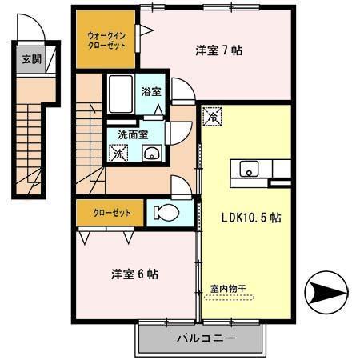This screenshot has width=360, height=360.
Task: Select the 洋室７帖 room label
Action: click(x=218, y=50)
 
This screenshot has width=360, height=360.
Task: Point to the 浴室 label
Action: click(x=150, y=92)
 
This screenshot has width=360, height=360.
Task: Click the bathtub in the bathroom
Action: click(x=120, y=94)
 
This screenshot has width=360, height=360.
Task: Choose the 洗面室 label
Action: click(x=132, y=134)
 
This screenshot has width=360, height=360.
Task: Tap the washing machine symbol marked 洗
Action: click(x=118, y=153)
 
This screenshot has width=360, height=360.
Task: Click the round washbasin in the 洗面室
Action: click(x=154, y=154)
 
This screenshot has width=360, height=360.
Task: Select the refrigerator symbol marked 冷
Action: click(x=214, y=117)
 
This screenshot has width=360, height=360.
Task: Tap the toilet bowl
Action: click(x=165, y=213)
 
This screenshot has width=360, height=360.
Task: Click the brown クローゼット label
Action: click(x=108, y=213)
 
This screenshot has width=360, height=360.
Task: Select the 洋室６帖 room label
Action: click(x=134, y=274)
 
